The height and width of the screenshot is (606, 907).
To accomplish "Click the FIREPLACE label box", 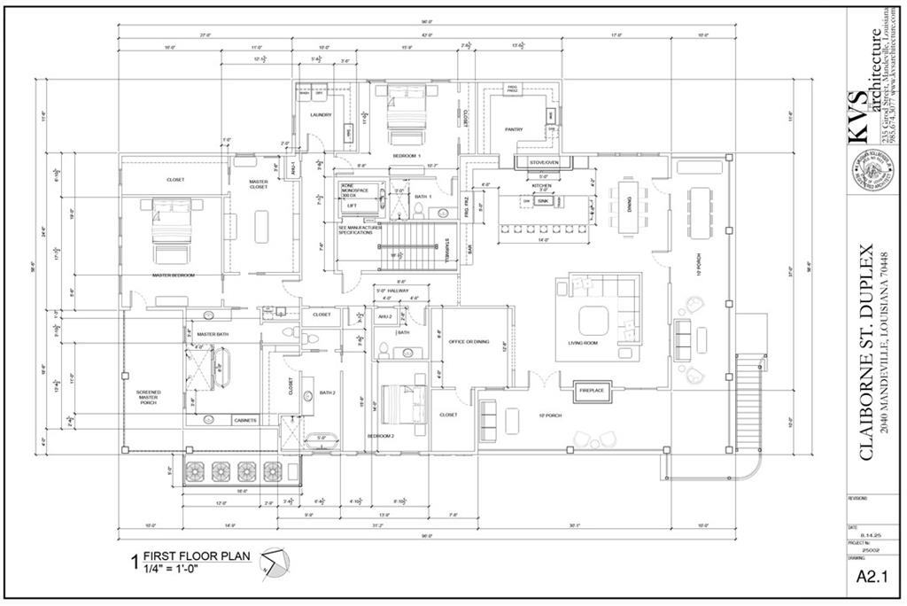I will [x=591, y=390].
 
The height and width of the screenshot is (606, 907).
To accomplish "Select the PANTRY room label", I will [x=514, y=129].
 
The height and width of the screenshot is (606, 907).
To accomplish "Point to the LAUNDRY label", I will [x=321, y=115].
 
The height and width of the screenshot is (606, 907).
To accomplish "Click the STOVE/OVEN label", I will [x=544, y=163].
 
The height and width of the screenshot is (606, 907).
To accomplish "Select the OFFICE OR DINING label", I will [x=469, y=342].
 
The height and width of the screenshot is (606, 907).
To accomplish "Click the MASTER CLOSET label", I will [x=259, y=184].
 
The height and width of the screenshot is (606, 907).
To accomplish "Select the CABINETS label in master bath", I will [x=245, y=420].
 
